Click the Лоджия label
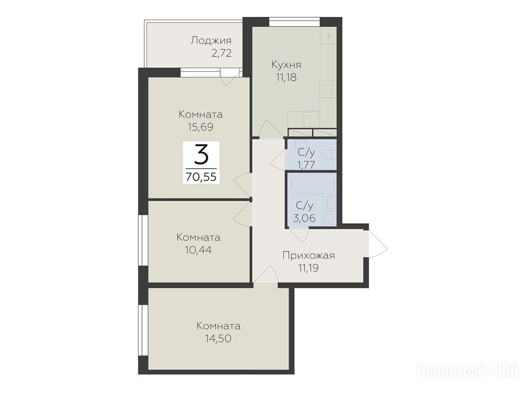pos(211,41)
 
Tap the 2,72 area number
pos(221,53)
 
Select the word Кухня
pos(286,64)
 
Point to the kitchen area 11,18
pos(286,78)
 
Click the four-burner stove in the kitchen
pos(328,88)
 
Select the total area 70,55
pos(201,177)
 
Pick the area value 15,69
pos(201,127)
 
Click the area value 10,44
pos(198,250)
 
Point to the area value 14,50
pos(218,339)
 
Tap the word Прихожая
pos(309,256)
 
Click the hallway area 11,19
pos(308,268)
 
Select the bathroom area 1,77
pos(306,165)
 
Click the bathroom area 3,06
pos(304,218)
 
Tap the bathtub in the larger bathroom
pos(314,183)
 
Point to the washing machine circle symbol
pos(329,218)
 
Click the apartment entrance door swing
pos(378,244)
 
